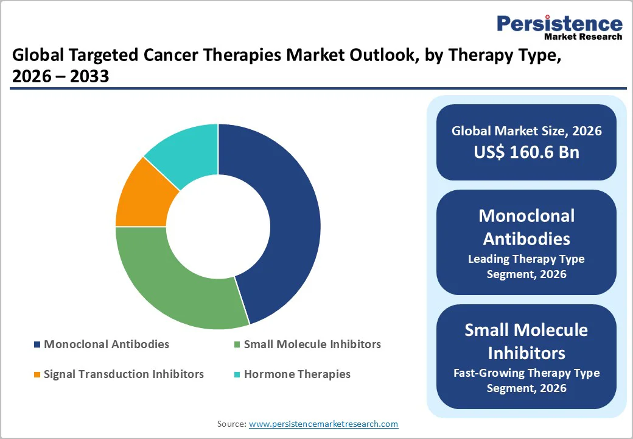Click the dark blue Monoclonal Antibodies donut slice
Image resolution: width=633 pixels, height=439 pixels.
click(292, 220)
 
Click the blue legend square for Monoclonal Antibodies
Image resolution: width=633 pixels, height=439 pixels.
click(37, 344)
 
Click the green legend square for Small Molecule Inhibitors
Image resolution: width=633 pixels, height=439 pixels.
click(237, 344)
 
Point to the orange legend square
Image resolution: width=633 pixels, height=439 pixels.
click(37, 374)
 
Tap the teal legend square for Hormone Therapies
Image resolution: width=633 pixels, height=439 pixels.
click(237, 374)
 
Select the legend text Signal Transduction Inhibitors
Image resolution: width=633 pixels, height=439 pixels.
click(124, 374)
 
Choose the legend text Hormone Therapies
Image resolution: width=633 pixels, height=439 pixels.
click(297, 374)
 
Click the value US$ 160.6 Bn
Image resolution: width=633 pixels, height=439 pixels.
click(526, 152)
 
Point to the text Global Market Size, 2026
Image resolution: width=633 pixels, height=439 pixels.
click(526, 130)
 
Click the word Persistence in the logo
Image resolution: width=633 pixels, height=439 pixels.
click(560, 24)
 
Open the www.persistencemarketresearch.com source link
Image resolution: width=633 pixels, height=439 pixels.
click(323, 424)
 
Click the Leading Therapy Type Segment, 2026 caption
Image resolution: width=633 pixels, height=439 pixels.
click(526, 266)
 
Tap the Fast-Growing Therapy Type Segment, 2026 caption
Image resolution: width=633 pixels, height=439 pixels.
click(526, 380)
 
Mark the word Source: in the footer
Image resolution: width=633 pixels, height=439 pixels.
click(232, 424)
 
